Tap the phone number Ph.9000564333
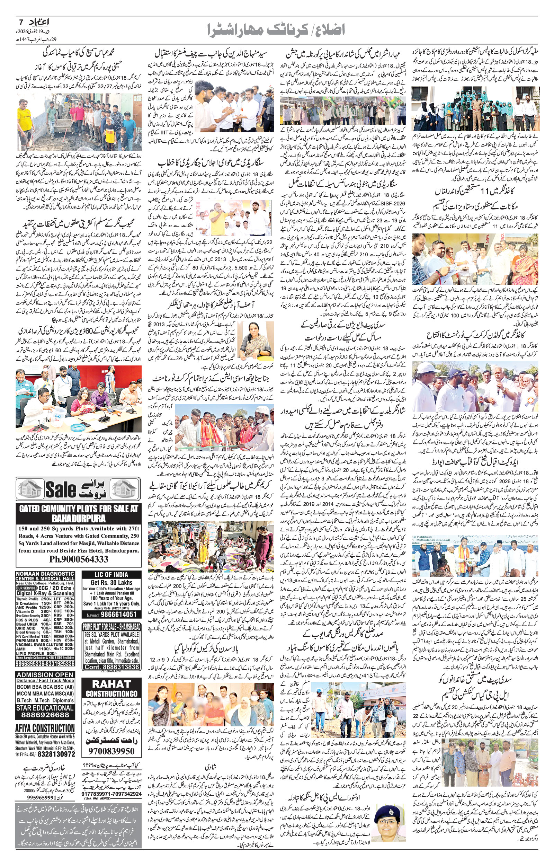pos(78,559)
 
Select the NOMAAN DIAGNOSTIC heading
pos(45,576)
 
